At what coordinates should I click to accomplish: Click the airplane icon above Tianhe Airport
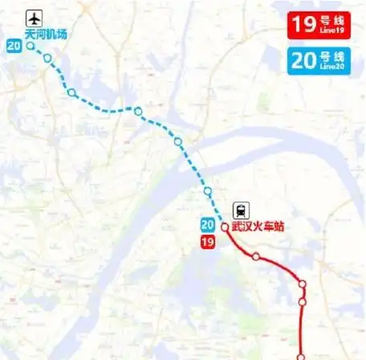tap(34, 18)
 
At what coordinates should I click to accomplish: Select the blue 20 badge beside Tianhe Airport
tap(14, 46)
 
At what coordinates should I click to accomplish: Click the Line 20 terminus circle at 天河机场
tap(31, 46)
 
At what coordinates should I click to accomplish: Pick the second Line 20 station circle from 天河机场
tap(48, 58)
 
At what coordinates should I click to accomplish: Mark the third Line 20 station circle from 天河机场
tap(72, 92)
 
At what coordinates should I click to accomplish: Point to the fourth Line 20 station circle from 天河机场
tap(138, 111)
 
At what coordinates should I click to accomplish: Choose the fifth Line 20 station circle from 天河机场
tap(178, 141)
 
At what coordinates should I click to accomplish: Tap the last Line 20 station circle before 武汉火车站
tap(208, 191)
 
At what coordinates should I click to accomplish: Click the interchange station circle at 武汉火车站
tap(225, 227)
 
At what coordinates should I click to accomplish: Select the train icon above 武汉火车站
tap(241, 211)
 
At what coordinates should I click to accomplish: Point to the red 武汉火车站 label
tap(258, 227)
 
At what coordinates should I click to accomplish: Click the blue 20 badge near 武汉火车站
tap(207, 226)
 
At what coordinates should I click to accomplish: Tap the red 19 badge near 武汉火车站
tap(207, 242)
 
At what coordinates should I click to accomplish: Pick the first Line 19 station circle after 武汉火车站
tap(255, 257)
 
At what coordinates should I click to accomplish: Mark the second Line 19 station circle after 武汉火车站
tap(303, 284)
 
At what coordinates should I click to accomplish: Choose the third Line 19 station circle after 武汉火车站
tap(303, 302)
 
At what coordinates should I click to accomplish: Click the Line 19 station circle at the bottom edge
tap(302, 357)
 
